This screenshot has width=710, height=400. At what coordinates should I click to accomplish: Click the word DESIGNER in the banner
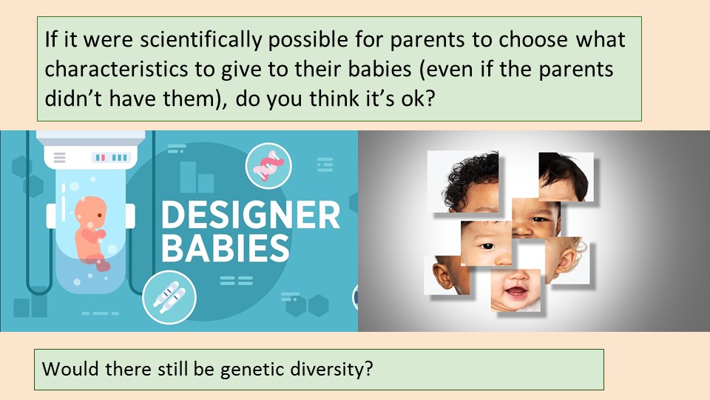[251, 215]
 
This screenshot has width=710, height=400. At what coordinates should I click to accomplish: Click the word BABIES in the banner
[225, 247]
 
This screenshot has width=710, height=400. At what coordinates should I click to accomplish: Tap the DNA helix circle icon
[268, 165]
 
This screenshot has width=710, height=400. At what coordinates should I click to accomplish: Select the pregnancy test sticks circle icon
[169, 297]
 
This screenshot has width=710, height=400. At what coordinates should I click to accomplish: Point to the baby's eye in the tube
[100, 216]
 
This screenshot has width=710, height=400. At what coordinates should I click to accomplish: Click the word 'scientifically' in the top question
[200, 40]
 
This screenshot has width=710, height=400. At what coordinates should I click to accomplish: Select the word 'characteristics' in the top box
[116, 70]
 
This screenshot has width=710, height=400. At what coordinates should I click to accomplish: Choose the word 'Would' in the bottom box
[70, 368]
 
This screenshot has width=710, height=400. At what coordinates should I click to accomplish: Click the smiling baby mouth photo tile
[515, 290]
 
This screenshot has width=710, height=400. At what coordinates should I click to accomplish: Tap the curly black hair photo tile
[463, 182]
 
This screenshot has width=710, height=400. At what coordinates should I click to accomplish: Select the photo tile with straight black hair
[566, 176]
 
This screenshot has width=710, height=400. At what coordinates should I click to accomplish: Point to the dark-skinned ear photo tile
[447, 275]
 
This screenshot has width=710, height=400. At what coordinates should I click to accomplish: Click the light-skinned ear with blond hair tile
[567, 261]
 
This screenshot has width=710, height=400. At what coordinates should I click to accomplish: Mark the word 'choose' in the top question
[533, 40]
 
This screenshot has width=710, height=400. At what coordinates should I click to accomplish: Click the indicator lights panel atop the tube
[111, 157]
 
